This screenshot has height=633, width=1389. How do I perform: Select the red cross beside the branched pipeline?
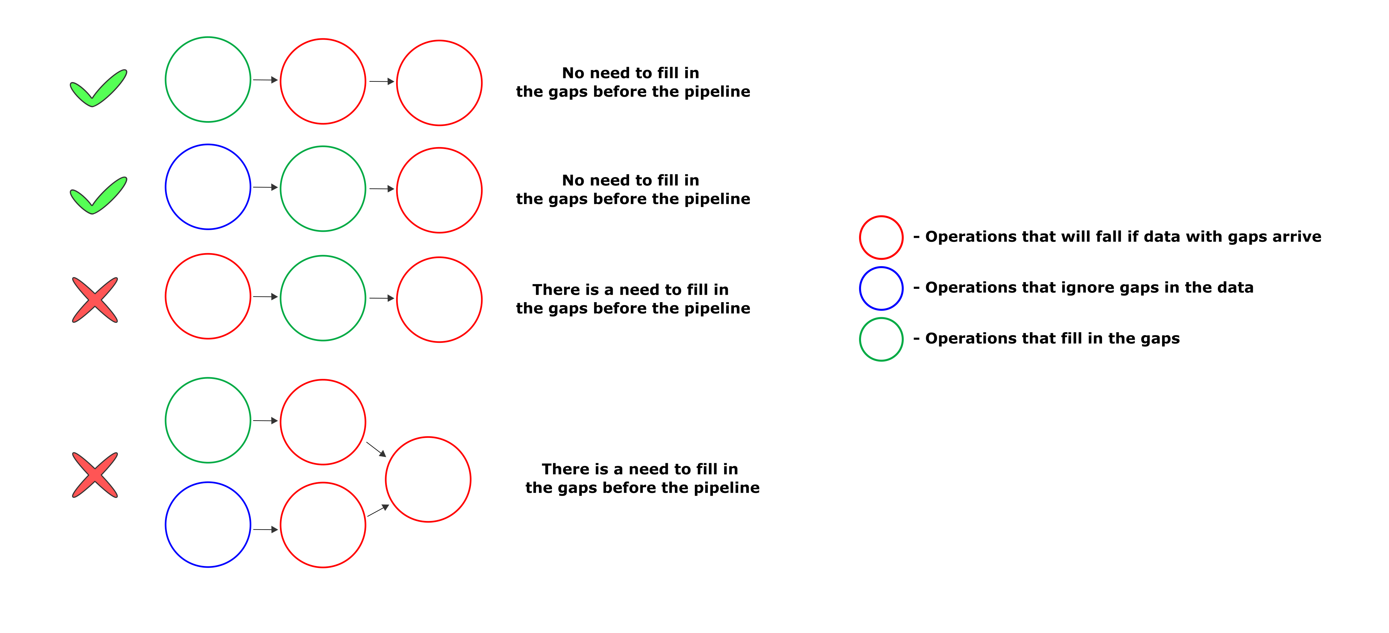click(95, 475)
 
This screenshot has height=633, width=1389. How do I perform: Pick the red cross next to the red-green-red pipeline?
click(95, 300)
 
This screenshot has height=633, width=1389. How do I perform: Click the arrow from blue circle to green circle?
click(265, 187)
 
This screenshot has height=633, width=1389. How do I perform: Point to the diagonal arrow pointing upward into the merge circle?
click(378, 511)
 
